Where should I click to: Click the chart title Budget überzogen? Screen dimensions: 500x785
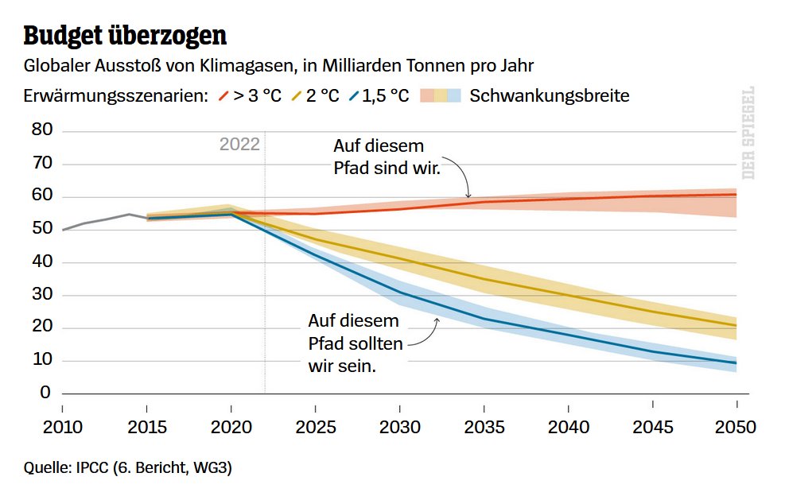[125, 36]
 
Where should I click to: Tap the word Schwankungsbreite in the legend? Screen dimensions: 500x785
[550, 96]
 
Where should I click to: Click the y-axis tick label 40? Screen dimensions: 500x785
[41, 262]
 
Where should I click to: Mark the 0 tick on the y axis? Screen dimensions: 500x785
[45, 393]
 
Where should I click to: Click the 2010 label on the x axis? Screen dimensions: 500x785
[63, 426]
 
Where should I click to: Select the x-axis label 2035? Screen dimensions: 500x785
[484, 426]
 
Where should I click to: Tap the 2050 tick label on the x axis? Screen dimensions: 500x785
[735, 426]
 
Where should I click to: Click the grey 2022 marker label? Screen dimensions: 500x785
[239, 144]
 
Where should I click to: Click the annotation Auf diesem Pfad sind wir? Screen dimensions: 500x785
[387, 157]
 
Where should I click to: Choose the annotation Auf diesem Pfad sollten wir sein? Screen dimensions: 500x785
[355, 344]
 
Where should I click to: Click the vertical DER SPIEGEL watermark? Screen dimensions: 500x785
[748, 132]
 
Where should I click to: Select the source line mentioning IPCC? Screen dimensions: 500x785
[127, 469]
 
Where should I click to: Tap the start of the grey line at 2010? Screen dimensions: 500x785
[63, 230]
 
